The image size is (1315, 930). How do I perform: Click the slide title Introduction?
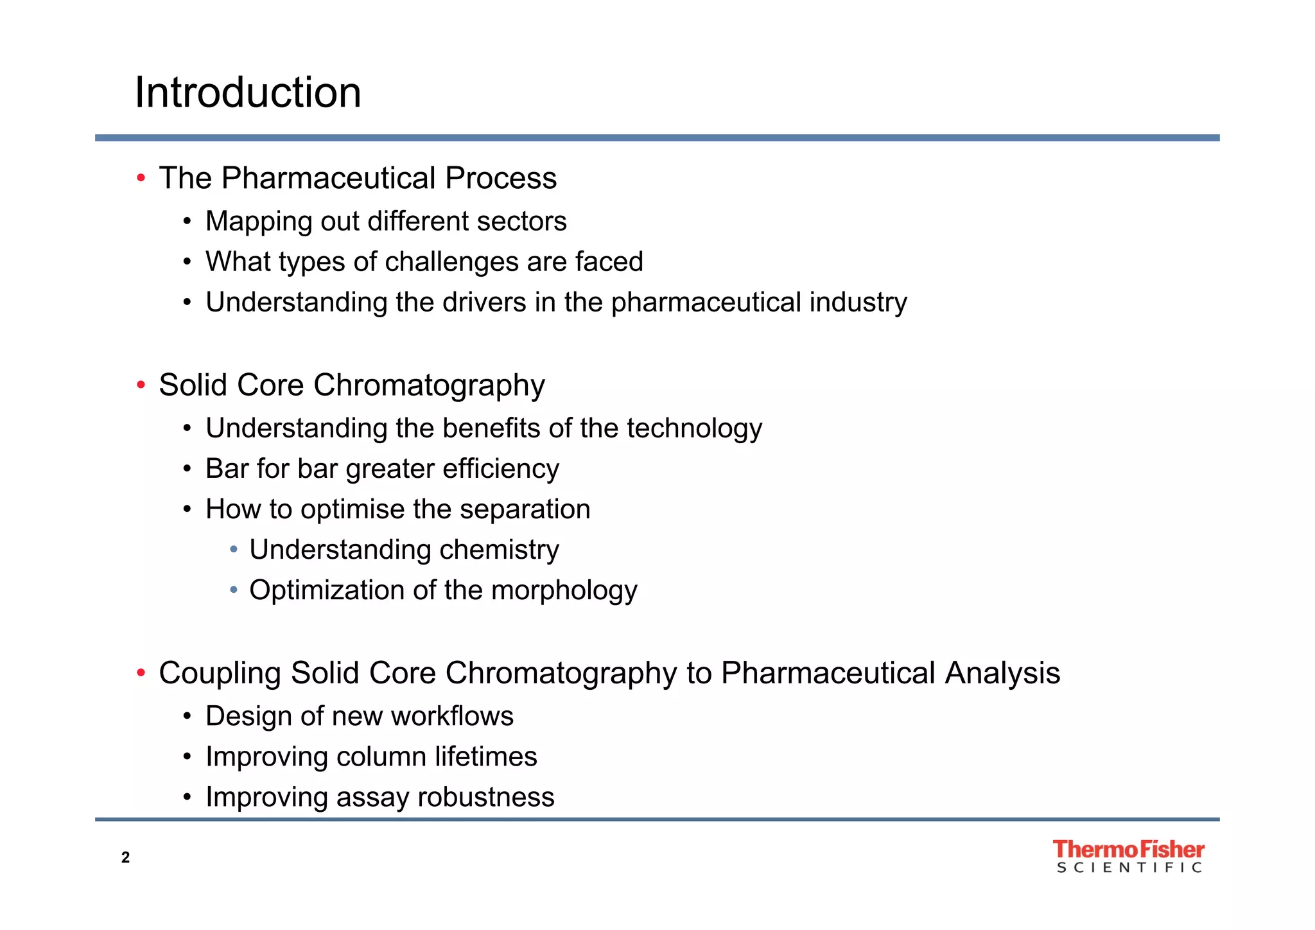(248, 92)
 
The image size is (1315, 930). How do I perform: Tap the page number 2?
(125, 857)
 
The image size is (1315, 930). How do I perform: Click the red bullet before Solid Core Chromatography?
(141, 385)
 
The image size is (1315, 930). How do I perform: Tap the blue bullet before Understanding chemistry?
(234, 550)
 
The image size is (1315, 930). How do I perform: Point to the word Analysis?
(1002, 674)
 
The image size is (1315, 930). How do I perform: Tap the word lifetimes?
(485, 757)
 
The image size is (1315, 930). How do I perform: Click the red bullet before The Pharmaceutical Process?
(141, 178)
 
